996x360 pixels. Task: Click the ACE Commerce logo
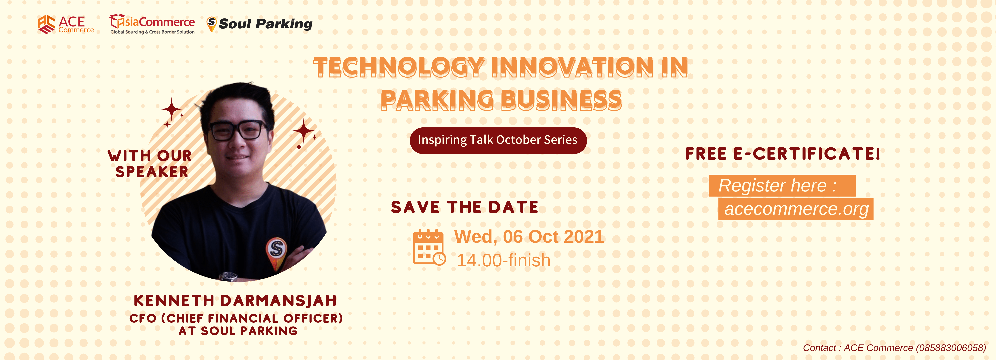(66, 24)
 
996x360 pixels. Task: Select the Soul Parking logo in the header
(259, 24)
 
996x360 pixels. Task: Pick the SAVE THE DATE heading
(464, 207)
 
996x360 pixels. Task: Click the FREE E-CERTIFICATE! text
(783, 154)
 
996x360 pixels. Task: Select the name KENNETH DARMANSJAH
(235, 301)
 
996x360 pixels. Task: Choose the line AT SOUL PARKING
(238, 331)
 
